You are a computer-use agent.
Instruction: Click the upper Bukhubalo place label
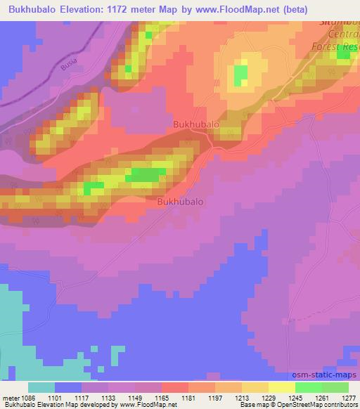[x=196, y=124]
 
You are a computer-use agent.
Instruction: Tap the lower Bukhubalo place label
[x=180, y=201]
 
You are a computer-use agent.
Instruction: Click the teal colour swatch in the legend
[x=41, y=387]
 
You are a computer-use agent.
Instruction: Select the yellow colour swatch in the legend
[x=281, y=387]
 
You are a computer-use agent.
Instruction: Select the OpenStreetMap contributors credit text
[x=320, y=405]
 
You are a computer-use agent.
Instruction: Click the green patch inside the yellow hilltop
[x=240, y=72]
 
